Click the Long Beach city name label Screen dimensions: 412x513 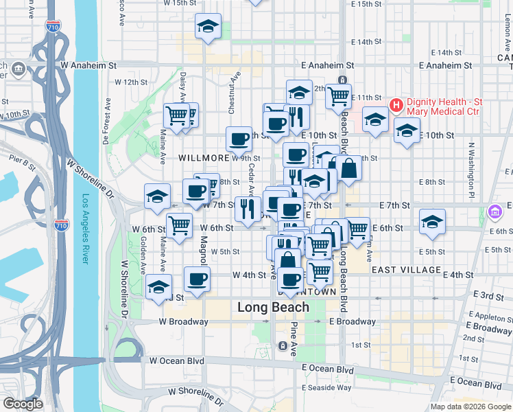coord(273,307)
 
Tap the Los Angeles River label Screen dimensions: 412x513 coord(86,229)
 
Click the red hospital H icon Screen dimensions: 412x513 coord(396,105)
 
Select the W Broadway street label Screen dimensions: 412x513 coord(183,321)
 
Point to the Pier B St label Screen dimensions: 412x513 coord(23,164)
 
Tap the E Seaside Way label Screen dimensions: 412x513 coord(328,387)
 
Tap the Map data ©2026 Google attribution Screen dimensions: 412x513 coord(470,407)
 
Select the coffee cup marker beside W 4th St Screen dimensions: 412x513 coord(198,279)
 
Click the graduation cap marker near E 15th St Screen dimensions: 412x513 coord(207,27)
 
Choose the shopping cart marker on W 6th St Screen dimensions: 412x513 coord(179,224)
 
